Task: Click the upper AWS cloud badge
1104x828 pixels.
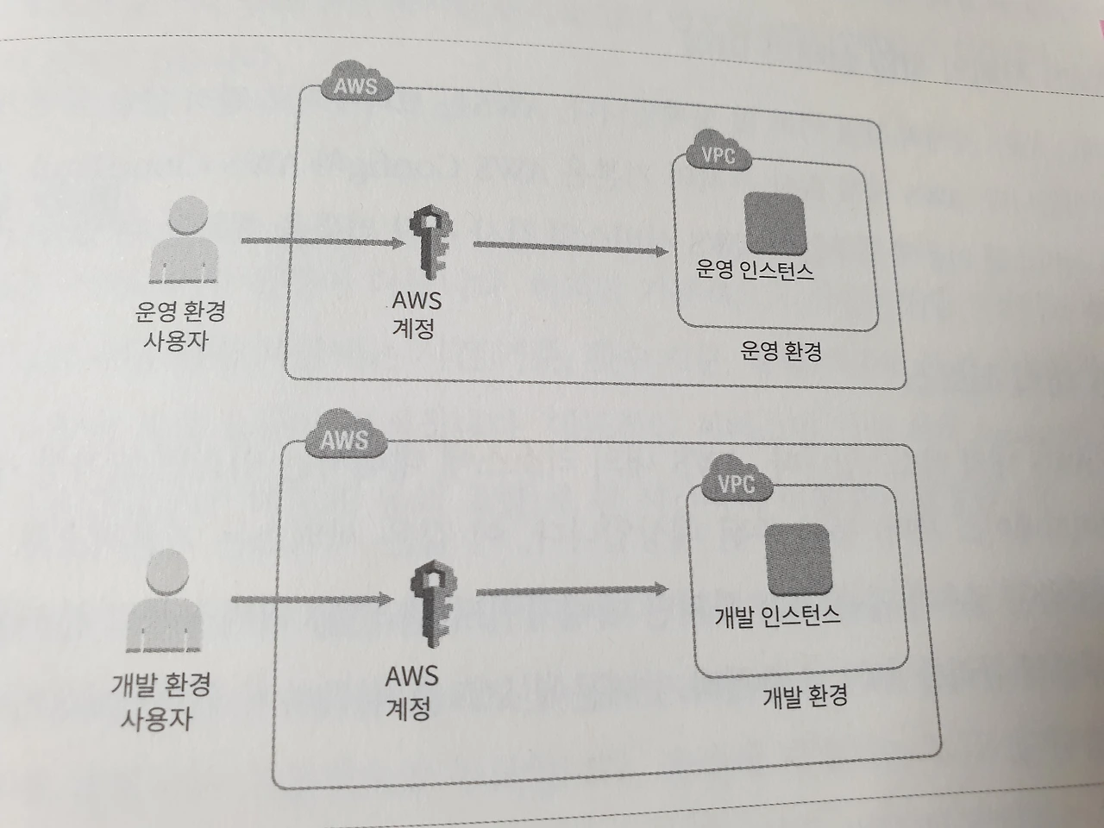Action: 355,85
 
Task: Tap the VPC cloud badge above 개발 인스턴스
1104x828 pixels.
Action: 736,484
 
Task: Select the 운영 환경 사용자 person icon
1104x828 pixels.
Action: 184,241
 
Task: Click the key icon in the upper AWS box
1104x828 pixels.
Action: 426,243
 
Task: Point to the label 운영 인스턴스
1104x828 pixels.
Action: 756,270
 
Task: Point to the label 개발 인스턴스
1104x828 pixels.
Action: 777,616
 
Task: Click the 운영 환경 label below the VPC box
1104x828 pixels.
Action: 781,350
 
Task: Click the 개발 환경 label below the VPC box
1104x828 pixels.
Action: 804,695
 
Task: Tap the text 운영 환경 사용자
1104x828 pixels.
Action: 179,324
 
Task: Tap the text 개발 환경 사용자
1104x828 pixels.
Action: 160,701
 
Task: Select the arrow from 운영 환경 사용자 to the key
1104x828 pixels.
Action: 322,243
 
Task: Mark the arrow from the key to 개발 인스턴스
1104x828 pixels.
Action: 573,592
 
